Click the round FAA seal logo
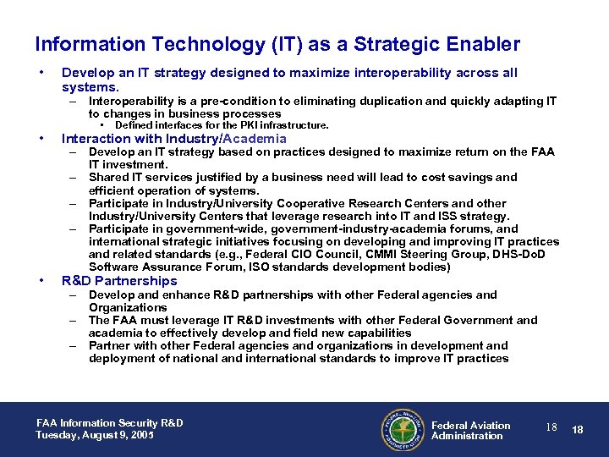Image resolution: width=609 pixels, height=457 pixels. [403, 430]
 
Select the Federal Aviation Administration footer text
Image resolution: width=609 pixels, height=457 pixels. [470, 431]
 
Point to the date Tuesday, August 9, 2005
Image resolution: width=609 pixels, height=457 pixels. [96, 435]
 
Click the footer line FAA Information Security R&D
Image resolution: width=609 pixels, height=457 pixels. [109, 423]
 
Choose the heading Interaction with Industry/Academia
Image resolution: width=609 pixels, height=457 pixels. [174, 139]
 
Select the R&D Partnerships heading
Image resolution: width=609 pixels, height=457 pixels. [119, 281]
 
